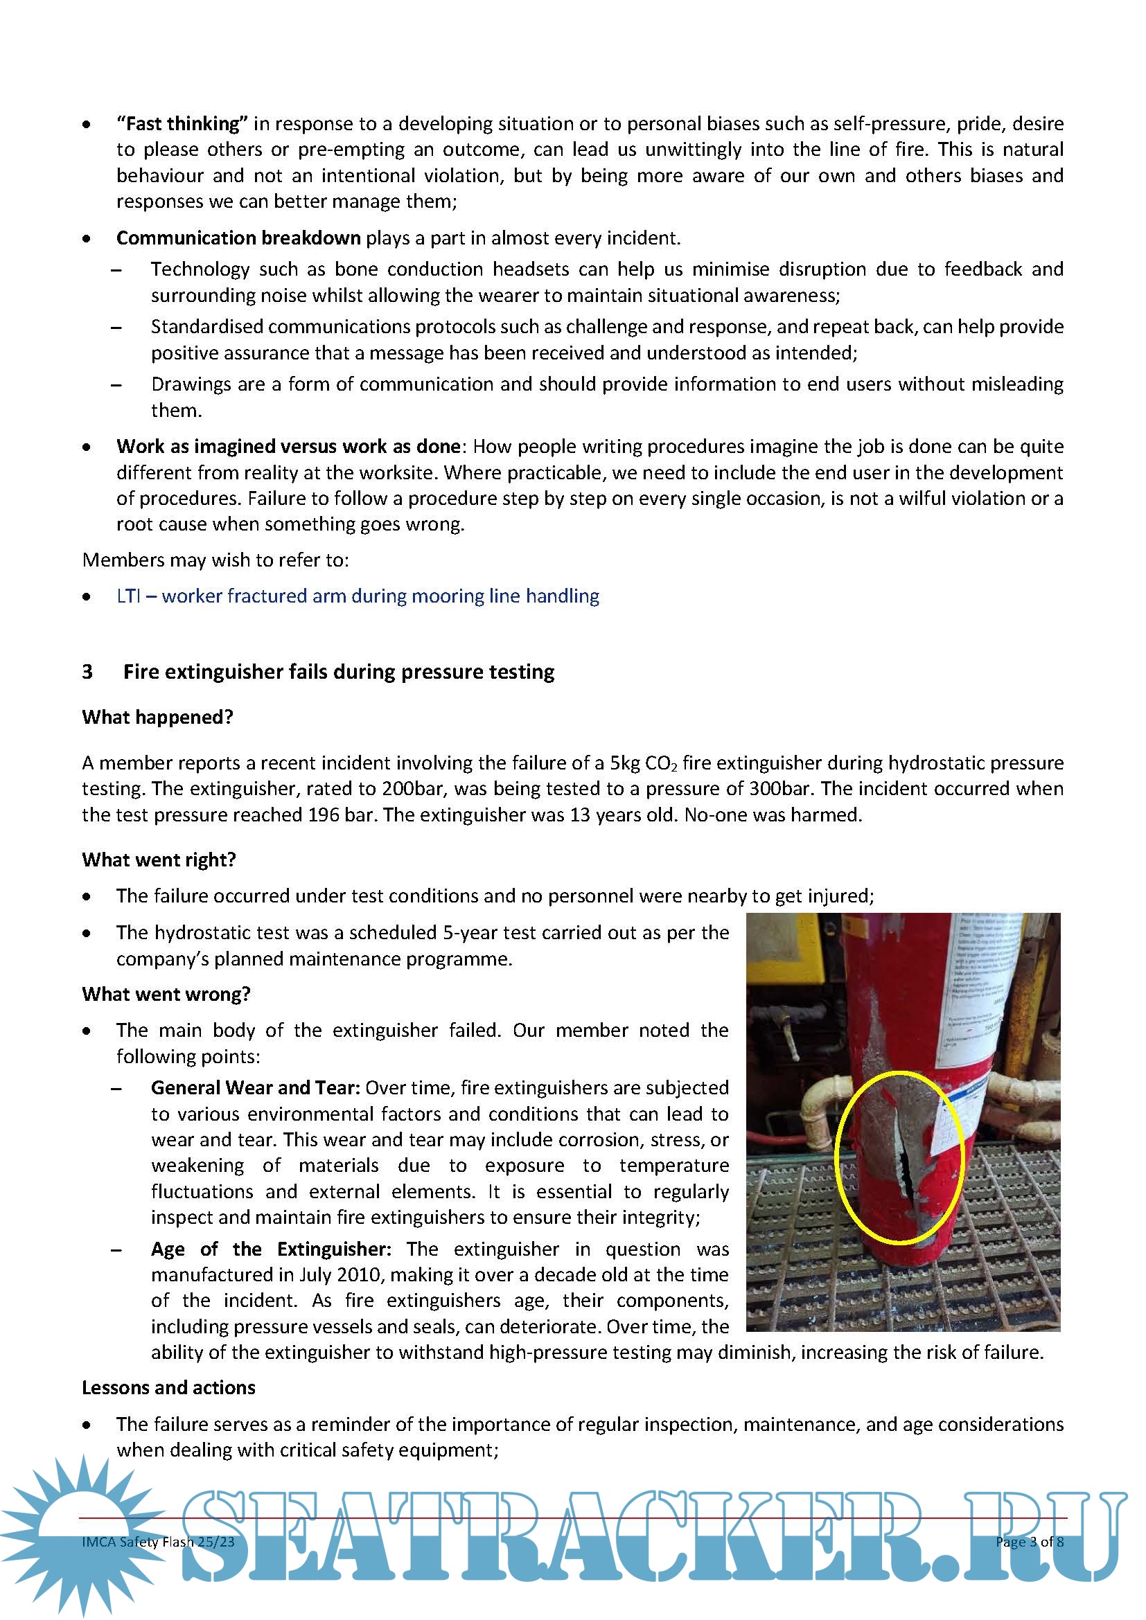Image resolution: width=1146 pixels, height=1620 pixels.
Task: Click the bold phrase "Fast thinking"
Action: tap(182, 124)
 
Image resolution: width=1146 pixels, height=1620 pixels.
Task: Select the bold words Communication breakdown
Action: tap(238, 238)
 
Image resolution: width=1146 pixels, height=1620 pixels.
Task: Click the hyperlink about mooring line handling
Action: tap(358, 596)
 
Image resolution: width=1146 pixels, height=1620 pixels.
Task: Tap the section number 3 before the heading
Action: tap(87, 672)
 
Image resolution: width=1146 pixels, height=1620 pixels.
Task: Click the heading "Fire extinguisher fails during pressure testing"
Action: tap(339, 672)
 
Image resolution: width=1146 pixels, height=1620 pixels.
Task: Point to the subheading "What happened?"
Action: tap(157, 718)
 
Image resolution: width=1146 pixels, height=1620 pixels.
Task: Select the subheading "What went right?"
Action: tap(159, 860)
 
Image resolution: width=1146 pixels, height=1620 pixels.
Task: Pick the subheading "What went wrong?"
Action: tap(166, 994)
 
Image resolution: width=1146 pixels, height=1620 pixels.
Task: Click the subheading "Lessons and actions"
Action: tap(168, 1388)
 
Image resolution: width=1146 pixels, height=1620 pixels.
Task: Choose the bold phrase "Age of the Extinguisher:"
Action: tap(270, 1249)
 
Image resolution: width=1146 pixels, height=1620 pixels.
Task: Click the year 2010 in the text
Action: tap(360, 1275)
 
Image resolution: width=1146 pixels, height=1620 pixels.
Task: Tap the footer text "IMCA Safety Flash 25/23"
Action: tap(158, 1542)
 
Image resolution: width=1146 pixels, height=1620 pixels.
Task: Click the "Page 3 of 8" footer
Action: tap(1029, 1542)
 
